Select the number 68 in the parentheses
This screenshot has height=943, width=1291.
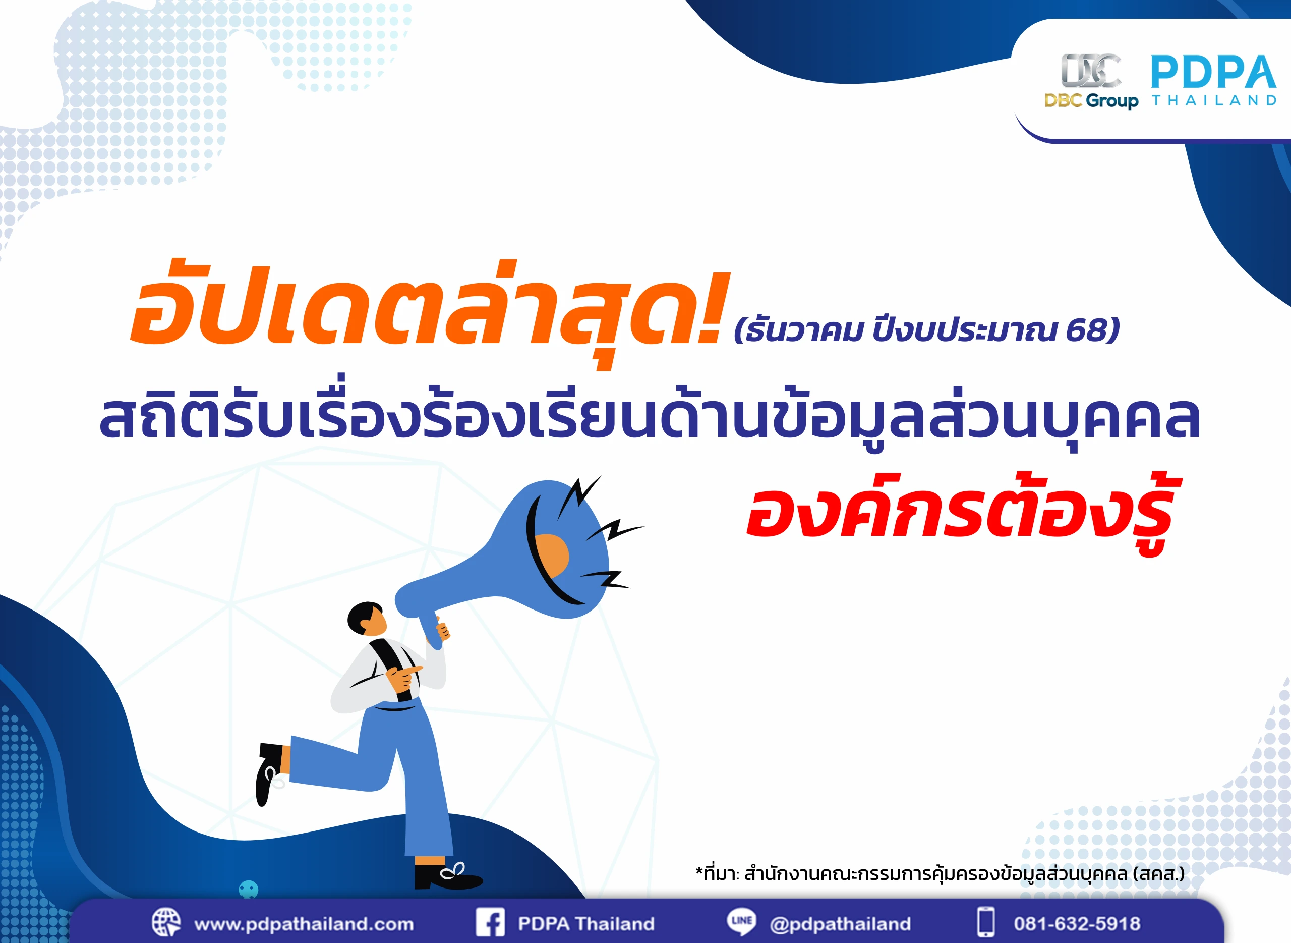[1086, 330]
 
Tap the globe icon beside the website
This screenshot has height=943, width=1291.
[166, 922]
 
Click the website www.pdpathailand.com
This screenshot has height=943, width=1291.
[304, 924]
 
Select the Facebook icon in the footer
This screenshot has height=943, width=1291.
[490, 922]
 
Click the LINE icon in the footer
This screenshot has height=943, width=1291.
[741, 921]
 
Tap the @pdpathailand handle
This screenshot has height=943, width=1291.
[840, 924]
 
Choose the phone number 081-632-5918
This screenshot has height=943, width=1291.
[1077, 924]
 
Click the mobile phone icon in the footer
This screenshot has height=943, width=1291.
[986, 922]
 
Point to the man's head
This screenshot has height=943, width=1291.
[367, 618]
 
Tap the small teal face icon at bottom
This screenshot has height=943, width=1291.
[248, 889]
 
